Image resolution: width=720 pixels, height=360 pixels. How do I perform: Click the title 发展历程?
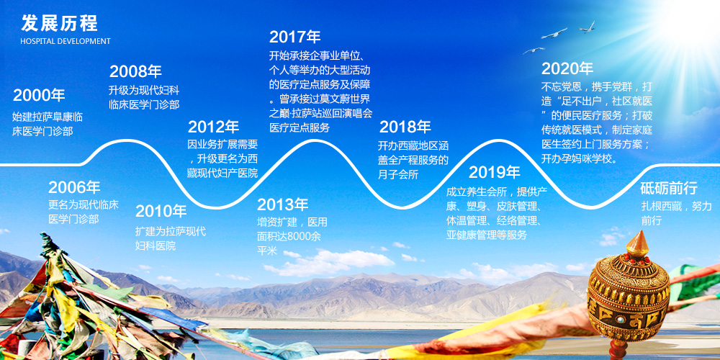click(59, 24)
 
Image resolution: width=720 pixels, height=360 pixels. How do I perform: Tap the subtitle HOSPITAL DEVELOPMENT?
click(66, 41)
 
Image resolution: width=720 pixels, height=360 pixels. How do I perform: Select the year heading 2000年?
click(39, 96)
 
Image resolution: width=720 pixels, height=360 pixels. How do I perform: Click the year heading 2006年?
click(74, 187)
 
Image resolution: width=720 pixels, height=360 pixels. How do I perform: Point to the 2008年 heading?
click(135, 71)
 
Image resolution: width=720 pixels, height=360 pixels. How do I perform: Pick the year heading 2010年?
click(161, 211)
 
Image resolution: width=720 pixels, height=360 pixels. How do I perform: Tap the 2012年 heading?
click(214, 127)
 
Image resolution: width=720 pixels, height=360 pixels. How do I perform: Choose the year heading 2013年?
click(282, 204)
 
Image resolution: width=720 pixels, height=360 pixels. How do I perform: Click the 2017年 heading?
click(294, 37)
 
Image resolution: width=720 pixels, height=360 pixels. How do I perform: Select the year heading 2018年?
click(405, 127)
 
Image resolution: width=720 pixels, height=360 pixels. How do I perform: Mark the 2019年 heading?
click(495, 173)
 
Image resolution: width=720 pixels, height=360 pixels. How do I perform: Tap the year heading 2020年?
click(567, 69)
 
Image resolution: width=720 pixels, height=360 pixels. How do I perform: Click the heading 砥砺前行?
click(669, 188)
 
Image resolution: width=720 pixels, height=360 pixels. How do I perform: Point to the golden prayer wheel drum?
click(628, 297)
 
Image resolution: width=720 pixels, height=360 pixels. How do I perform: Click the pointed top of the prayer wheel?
click(638, 231)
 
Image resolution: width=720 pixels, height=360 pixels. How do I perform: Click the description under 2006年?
click(84, 212)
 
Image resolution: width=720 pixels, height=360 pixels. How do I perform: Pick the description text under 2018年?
click(413, 161)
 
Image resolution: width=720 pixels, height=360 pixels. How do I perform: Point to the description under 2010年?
click(171, 238)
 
